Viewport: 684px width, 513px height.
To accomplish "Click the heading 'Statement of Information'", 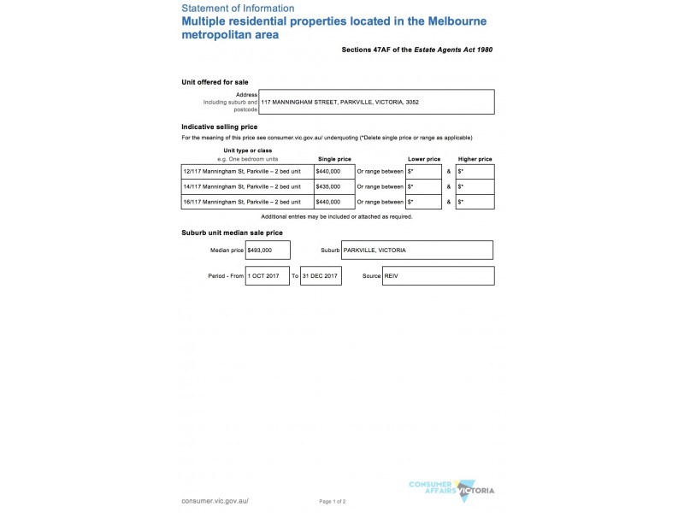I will pyautogui.click(x=231, y=9).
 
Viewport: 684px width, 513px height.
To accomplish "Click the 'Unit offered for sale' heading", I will pyautogui.click(x=215, y=82).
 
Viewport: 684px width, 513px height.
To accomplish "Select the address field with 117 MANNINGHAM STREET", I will pyautogui.click(x=376, y=102).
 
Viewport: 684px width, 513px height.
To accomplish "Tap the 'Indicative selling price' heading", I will pyautogui.click(x=220, y=127).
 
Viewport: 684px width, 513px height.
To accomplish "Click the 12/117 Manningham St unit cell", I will pyautogui.click(x=247, y=171).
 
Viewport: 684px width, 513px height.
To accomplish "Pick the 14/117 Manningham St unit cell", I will pyautogui.click(x=247, y=186).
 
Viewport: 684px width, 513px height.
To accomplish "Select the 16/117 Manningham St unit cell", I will pyautogui.click(x=247, y=202).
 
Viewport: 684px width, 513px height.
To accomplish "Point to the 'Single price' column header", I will pyautogui.click(x=334, y=159).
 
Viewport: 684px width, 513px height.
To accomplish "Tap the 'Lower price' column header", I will pyautogui.click(x=424, y=159).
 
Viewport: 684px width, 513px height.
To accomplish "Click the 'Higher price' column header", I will pyautogui.click(x=475, y=159).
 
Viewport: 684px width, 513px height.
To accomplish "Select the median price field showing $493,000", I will pyautogui.click(x=268, y=251).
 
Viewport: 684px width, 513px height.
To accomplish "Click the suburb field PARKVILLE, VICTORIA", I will pyautogui.click(x=417, y=251).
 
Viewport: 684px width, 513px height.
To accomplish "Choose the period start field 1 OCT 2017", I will pyautogui.click(x=267, y=276).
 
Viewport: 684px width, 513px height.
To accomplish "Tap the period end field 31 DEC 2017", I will pyautogui.click(x=321, y=276).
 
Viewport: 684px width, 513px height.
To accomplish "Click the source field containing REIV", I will pyautogui.click(x=438, y=276).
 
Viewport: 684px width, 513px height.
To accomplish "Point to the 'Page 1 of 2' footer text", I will pyautogui.click(x=333, y=501).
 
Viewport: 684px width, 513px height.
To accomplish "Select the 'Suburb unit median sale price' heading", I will pyautogui.click(x=233, y=233).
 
